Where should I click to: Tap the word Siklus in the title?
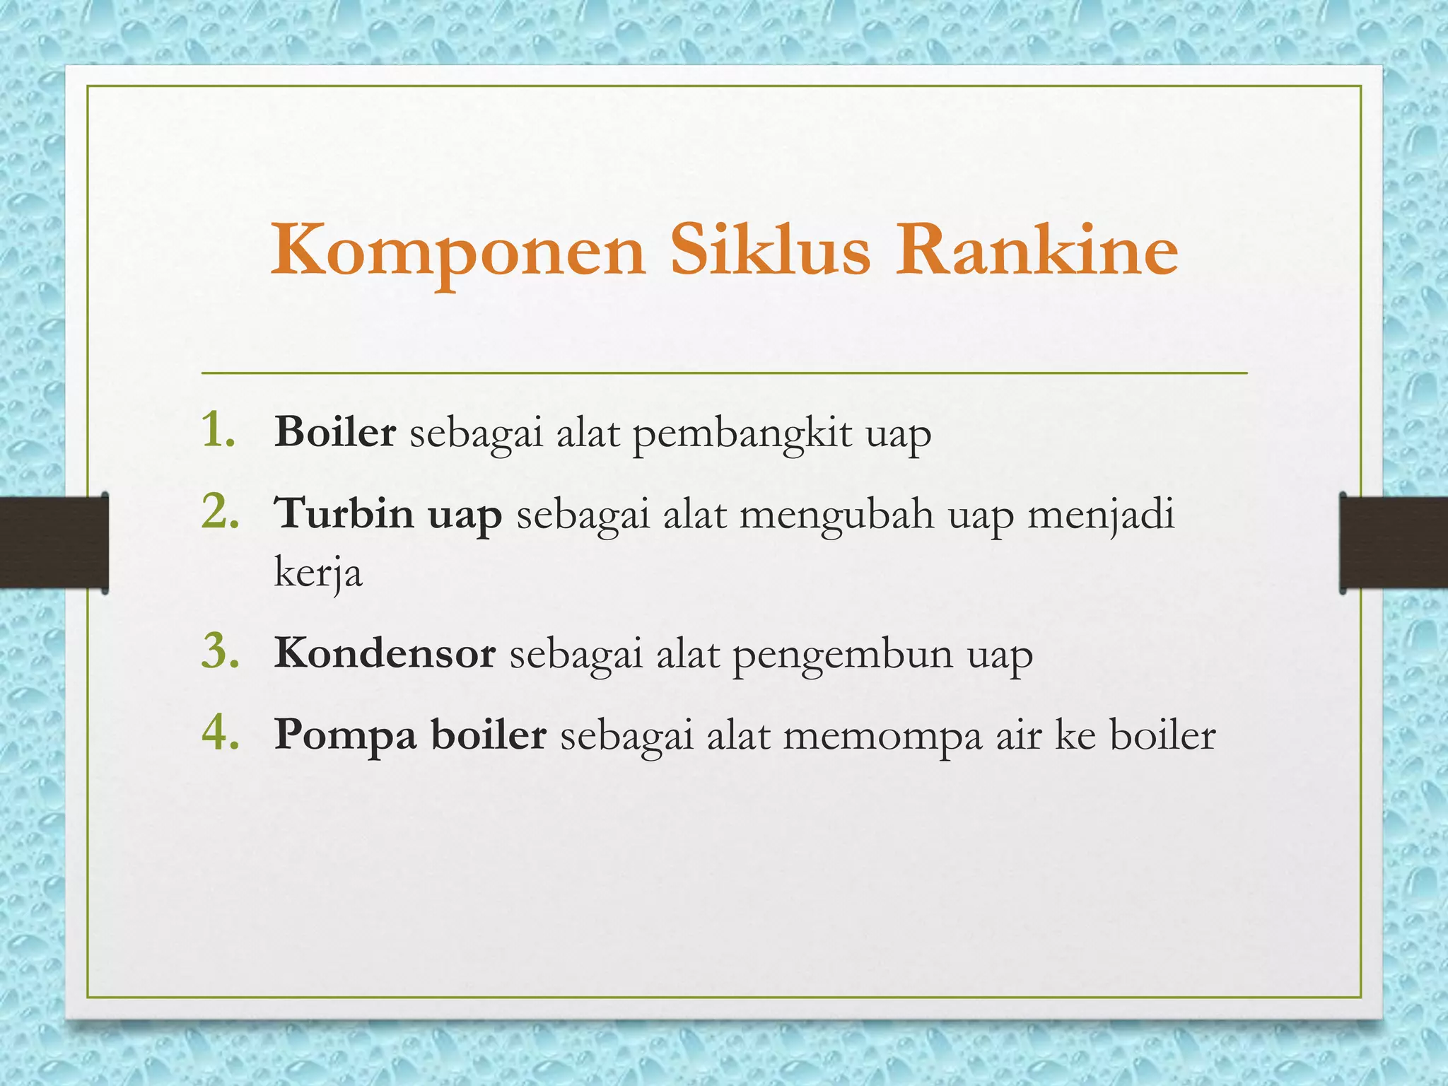771,250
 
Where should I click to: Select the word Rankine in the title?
1037,250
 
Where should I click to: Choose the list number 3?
220,651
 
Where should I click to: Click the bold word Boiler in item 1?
334,431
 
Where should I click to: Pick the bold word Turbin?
344,513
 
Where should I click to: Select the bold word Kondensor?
385,653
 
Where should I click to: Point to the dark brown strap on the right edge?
1394,543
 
